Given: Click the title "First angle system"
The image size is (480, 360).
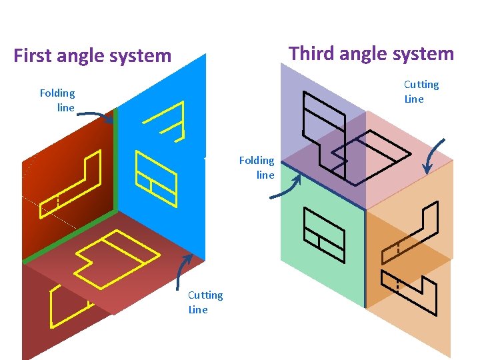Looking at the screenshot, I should click(x=92, y=55).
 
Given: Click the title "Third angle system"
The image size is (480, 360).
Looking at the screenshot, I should click(x=371, y=53).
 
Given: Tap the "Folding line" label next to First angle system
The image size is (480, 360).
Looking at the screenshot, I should click(x=57, y=100).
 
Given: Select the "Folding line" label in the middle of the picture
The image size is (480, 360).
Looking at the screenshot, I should click(x=257, y=167).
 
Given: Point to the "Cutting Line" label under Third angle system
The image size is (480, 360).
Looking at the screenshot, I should click(x=421, y=91).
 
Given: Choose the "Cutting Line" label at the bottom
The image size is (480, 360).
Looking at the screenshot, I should click(x=205, y=302).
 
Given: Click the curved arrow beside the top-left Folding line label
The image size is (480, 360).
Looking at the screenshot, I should click(x=96, y=116).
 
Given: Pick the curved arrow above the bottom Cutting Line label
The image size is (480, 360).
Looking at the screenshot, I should click(x=185, y=271).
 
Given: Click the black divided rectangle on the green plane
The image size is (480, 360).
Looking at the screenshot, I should click(x=324, y=234).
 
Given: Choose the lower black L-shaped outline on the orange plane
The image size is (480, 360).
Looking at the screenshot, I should click(x=410, y=291).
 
